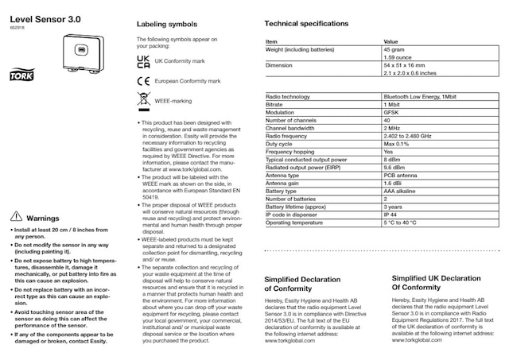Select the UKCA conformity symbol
(x=142, y=60)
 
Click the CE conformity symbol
(x=142, y=80)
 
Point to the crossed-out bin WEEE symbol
(x=142, y=101)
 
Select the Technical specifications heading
(x=305, y=24)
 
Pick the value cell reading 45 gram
(x=394, y=49)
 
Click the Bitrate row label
(x=276, y=104)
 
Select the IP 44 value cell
(x=392, y=215)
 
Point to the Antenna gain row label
(x=283, y=183)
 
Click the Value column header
(x=391, y=41)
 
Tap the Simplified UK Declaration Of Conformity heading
(x=436, y=283)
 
